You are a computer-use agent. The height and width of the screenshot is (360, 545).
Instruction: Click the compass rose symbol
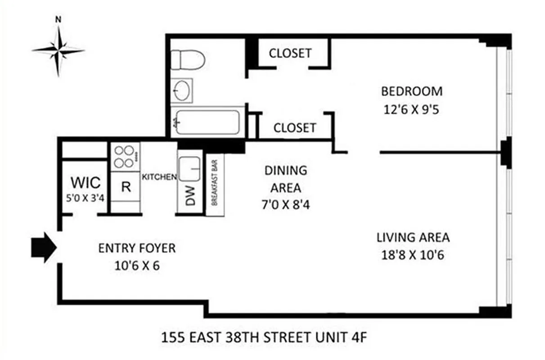58,49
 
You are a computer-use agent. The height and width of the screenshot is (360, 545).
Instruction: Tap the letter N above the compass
58,19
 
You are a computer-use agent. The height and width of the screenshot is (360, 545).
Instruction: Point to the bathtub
207,122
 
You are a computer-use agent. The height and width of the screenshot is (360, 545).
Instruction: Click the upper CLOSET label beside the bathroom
290,53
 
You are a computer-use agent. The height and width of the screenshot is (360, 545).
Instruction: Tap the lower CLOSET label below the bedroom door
295,128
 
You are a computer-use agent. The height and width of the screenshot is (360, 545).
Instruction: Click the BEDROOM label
411,91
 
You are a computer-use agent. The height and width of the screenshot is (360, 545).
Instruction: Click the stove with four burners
125,157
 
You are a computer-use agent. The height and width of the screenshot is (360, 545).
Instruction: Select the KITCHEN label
159,177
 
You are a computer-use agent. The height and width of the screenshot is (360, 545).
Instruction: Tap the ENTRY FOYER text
137,248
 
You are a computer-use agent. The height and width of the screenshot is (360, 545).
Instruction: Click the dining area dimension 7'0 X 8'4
285,205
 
